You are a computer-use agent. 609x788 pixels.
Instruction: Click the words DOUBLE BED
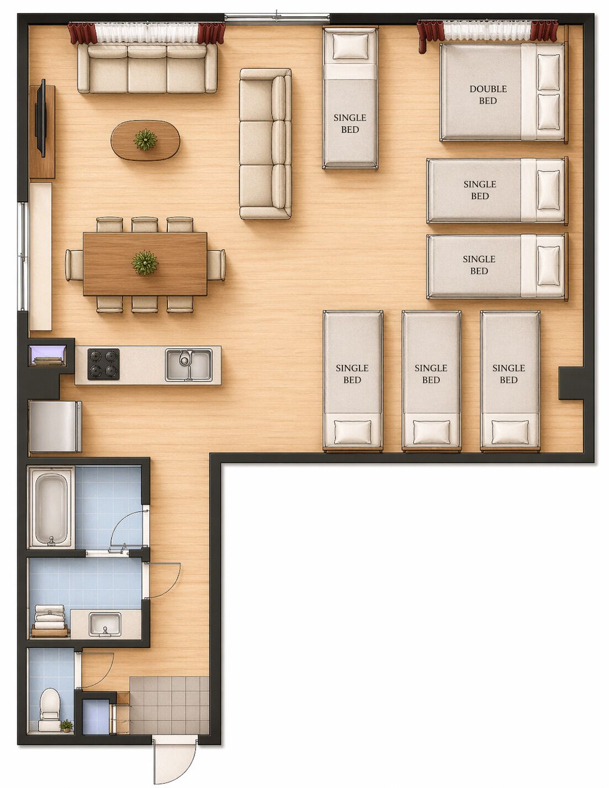(x=488, y=94)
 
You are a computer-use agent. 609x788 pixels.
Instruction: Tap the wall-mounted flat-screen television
(x=41, y=119)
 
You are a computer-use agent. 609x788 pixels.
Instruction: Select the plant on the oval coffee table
(x=145, y=140)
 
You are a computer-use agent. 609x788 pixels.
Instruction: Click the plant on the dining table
(x=145, y=263)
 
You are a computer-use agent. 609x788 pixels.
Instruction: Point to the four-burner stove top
(x=104, y=365)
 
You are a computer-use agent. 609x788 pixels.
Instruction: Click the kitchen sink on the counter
(x=188, y=365)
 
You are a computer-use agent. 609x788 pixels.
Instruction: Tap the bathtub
(x=51, y=507)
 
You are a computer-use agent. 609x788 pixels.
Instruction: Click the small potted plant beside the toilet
(x=67, y=725)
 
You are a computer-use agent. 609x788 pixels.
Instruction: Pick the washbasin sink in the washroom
(x=105, y=623)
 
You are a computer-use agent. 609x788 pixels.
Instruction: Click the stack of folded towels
(x=50, y=619)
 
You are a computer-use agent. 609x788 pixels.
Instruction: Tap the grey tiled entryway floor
(x=170, y=706)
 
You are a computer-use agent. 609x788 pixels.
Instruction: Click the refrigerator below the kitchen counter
(x=54, y=426)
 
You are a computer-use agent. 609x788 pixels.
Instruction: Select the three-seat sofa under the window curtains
(x=147, y=69)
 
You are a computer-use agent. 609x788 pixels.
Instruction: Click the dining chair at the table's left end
(x=73, y=265)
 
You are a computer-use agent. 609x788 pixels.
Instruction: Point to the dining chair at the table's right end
(x=216, y=265)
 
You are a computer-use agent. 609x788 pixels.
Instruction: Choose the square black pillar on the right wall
(x=570, y=382)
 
